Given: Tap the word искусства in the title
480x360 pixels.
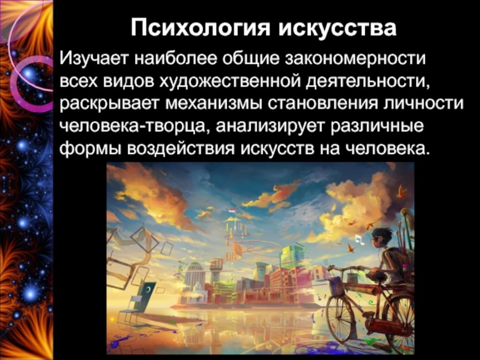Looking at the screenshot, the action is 338,28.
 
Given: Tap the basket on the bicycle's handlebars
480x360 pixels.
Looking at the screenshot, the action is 336,286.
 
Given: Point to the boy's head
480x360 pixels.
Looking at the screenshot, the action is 381,237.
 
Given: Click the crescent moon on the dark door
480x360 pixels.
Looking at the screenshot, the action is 148,289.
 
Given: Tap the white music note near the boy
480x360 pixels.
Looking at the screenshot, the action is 360,240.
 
